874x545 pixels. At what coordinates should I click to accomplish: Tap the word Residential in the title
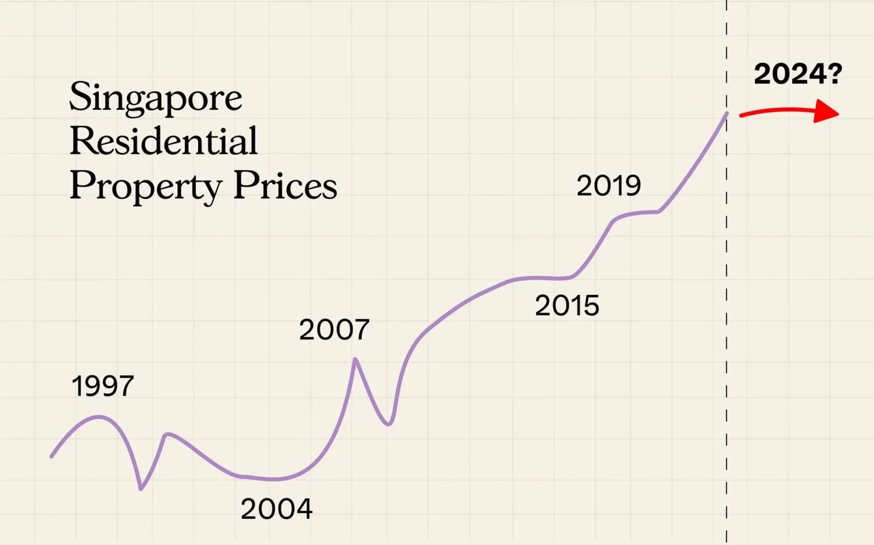[x=164, y=142]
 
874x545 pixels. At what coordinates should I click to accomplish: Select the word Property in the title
[x=145, y=186]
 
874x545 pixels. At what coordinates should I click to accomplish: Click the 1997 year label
[x=102, y=387]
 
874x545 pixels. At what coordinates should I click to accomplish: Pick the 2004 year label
[x=277, y=509]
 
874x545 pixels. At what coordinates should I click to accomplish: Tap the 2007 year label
[x=334, y=331]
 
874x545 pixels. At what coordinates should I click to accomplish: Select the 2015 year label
[x=567, y=306]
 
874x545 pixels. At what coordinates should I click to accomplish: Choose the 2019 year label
[x=609, y=186]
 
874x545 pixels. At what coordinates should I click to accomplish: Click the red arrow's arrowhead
[x=828, y=113]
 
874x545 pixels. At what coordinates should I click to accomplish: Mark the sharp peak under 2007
[x=355, y=359]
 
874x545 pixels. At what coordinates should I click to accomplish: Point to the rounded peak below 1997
[x=100, y=417]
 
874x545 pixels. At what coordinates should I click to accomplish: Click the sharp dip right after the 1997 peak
[x=141, y=488]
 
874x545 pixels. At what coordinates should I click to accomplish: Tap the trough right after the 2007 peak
[x=388, y=424]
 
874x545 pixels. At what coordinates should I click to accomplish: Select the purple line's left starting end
[x=52, y=456]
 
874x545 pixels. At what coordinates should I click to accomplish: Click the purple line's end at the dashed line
[x=727, y=113]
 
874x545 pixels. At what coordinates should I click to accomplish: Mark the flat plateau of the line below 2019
[x=642, y=213]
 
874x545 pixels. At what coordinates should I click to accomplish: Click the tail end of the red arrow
[x=742, y=115]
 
